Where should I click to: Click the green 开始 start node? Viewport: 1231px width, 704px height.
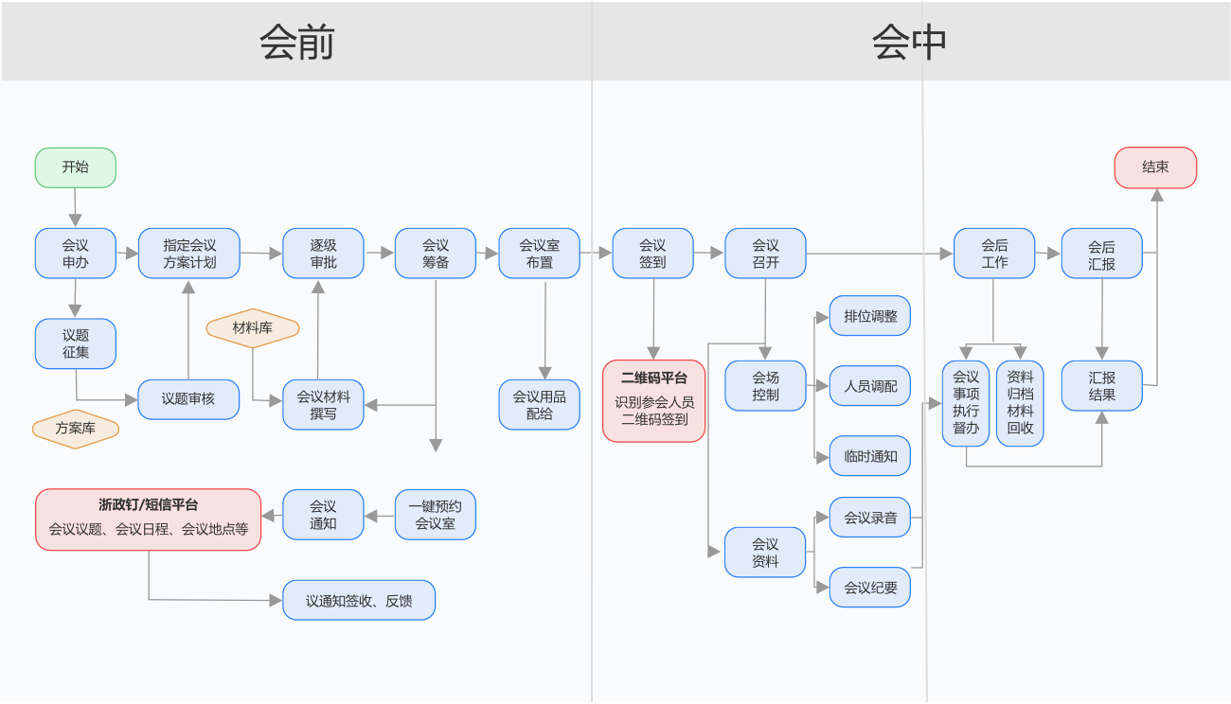76,167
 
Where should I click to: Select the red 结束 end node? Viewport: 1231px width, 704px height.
1155,167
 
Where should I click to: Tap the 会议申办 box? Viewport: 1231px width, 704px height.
76,254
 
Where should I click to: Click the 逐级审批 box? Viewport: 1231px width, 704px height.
324,254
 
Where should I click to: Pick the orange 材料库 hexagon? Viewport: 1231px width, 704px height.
253,328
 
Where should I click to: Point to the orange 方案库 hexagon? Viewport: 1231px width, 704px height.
76,429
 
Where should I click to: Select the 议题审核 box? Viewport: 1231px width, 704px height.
188,399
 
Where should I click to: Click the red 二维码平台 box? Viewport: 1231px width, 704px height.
654,400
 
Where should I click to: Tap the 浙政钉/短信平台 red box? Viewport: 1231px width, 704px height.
149,519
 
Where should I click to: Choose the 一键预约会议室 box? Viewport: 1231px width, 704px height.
436,515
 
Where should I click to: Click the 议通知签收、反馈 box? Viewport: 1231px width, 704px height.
359,600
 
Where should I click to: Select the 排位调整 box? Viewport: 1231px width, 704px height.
870,316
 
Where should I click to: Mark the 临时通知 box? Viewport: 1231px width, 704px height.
870,456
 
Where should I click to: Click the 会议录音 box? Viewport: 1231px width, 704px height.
870,518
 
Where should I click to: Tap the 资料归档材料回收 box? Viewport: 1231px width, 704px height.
1020,403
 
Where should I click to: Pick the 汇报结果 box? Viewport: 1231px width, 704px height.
1102,386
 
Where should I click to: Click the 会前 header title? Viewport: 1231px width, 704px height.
296,43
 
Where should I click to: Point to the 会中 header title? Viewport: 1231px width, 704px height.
909,43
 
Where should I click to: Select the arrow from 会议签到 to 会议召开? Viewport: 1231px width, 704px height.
709,253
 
